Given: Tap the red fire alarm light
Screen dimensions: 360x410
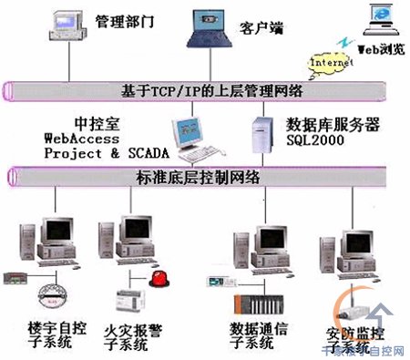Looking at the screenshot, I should coord(160,278).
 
